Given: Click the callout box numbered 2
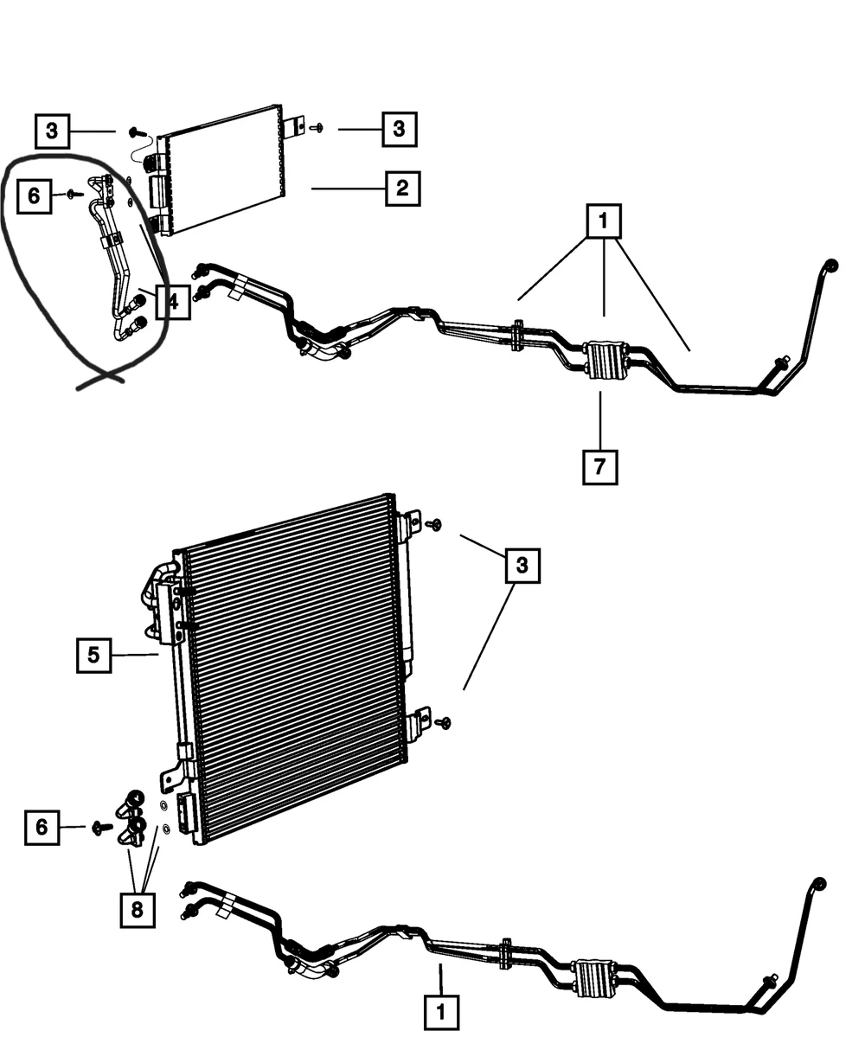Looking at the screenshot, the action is (402, 189).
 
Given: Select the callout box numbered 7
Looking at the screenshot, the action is (599, 467).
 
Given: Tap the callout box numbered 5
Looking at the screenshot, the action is (94, 656).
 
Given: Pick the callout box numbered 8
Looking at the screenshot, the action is (138, 910).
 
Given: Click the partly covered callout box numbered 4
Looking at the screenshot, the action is (173, 302).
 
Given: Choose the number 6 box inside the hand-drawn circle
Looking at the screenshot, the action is (35, 196).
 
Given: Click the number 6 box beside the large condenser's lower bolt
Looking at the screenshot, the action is (42, 827).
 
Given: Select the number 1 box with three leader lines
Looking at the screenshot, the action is (604, 221).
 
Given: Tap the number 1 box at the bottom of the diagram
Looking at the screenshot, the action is (441, 1012).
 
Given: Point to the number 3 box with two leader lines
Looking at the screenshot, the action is (522, 566).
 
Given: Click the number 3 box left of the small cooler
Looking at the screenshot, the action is (52, 131).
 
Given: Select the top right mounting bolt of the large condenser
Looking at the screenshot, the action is (433, 524).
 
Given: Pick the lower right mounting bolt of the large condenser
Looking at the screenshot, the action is (443, 723).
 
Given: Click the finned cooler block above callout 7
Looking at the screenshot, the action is (604, 360).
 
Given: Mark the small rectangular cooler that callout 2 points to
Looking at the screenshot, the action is (221, 170).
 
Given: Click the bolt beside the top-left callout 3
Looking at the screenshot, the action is (137, 132).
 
